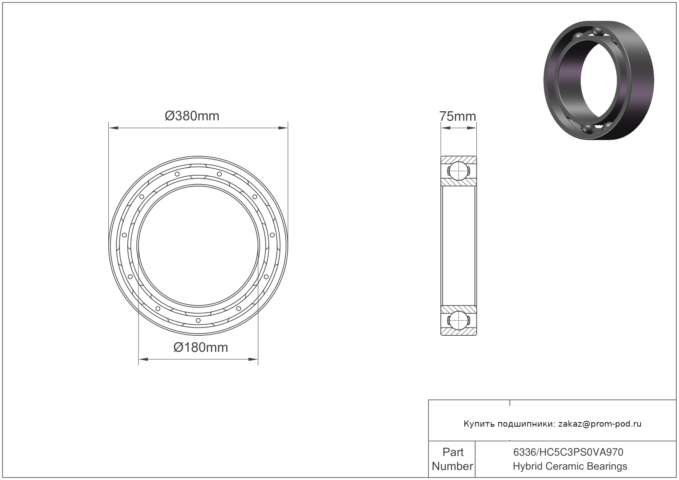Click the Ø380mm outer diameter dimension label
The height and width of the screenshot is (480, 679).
pyautogui.click(x=192, y=116)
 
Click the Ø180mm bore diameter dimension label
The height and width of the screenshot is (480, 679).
pyautogui.click(x=201, y=348)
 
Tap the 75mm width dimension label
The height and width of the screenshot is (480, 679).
pyautogui.click(x=457, y=116)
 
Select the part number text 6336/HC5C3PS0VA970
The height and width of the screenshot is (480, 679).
pyautogui.click(x=568, y=452)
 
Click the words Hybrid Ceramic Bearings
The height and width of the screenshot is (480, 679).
pyautogui.click(x=570, y=466)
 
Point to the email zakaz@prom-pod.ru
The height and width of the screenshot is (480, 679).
pyautogui.click(x=600, y=424)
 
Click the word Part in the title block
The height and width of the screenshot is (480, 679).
pyautogui.click(x=453, y=452)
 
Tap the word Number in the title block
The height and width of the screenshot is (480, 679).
pyautogui.click(x=452, y=466)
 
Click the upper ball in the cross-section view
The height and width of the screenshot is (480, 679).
pyautogui.click(x=458, y=171)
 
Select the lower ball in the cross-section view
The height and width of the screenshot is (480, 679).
pyautogui.click(x=458, y=320)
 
